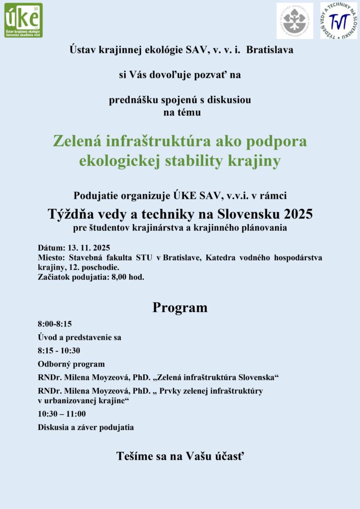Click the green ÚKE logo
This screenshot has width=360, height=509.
pyautogui.click(x=24, y=20)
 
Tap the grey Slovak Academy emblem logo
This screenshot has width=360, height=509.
pyautogui.click(x=294, y=21)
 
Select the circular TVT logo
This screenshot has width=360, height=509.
pyautogui.click(x=338, y=21)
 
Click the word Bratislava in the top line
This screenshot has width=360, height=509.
pyautogui.click(x=270, y=50)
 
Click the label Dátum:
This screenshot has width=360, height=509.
pyautogui.click(x=52, y=248)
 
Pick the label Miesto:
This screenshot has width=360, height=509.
pyautogui.click(x=52, y=257)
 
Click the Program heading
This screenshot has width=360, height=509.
pyautogui.click(x=180, y=308)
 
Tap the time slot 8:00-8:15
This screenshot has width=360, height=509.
pyautogui.click(x=55, y=324)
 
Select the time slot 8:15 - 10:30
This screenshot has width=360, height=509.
pyautogui.click(x=59, y=350)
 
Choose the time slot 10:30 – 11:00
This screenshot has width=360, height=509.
pyautogui.click(x=62, y=414)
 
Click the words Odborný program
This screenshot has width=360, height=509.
pyautogui.click(x=71, y=364)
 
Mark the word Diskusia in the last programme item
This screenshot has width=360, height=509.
pyautogui.click(x=54, y=427)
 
